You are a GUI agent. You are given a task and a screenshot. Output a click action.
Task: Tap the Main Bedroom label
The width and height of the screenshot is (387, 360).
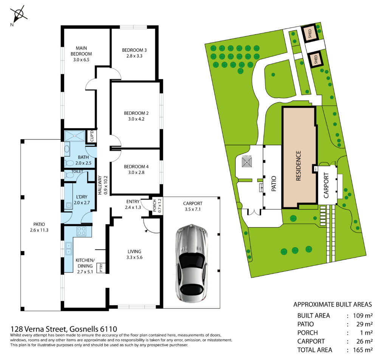pyautogui.click(x=81, y=51)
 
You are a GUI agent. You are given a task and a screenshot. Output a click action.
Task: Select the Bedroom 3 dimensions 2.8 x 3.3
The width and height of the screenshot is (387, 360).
pyautogui.click(x=134, y=56)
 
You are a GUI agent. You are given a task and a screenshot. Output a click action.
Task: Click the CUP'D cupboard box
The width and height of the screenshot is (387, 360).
pyautogui.click(x=92, y=136)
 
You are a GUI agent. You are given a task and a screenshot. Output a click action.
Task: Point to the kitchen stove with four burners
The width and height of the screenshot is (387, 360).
pyautogui.click(x=82, y=231)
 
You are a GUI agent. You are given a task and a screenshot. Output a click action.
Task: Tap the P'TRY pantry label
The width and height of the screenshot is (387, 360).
pyautogui.click(x=101, y=268)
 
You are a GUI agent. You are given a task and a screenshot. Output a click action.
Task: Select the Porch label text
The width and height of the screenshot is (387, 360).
pyautogui.click(x=155, y=205)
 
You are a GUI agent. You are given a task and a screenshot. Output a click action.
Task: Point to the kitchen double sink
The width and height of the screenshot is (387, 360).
pyautogui.click(x=68, y=249)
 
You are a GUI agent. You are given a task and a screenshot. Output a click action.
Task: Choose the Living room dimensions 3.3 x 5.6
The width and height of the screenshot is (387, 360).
pyautogui.click(x=134, y=257)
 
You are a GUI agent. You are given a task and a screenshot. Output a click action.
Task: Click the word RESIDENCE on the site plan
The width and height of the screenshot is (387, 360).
pyautogui.click(x=299, y=166)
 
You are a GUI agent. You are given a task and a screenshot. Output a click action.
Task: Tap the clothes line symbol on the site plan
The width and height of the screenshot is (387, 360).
pyautogui.click(x=247, y=162)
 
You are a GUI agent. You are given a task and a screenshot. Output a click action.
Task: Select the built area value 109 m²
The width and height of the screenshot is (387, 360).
pyautogui.click(x=362, y=315)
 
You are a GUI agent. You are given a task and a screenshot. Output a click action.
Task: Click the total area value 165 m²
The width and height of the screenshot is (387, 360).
pyautogui.click(x=362, y=350)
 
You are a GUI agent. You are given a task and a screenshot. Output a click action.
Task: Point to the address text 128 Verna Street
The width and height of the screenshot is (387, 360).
pyautogui.click(x=38, y=329)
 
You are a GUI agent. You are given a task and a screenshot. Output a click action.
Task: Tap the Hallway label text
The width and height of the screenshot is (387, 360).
pyautogui.click(x=100, y=185)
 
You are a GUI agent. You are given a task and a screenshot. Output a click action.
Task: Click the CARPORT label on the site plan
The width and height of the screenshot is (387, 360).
pyautogui.click(x=326, y=185)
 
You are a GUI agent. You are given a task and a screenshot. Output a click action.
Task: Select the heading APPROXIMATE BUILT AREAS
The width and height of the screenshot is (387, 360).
pyautogui.click(x=333, y=304)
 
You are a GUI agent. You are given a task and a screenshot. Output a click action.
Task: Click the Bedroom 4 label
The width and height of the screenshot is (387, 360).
pyautogui.click(x=136, y=167)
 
